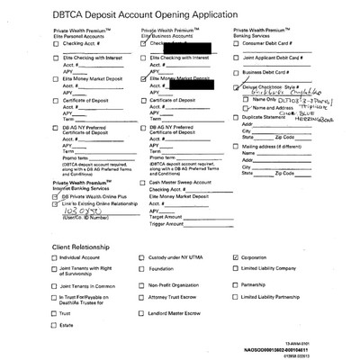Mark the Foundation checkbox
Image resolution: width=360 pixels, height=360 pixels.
click(x=142, y=268)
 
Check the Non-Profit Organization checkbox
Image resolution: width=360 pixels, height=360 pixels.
click(x=142, y=284)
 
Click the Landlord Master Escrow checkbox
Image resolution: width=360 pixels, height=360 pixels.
click(x=142, y=312)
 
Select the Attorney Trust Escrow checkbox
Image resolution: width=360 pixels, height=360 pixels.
click(x=142, y=299)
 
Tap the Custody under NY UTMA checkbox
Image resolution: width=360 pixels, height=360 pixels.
click(x=142, y=256)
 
